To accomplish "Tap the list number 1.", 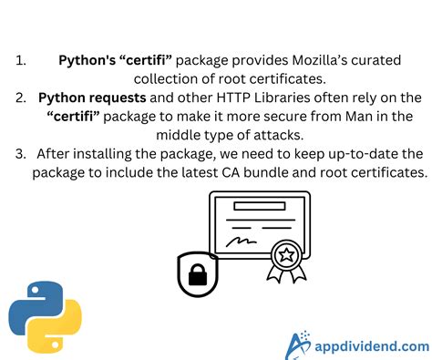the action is point(20,60).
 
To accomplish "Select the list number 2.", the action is point(21,97).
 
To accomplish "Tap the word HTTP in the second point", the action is point(212,97).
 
